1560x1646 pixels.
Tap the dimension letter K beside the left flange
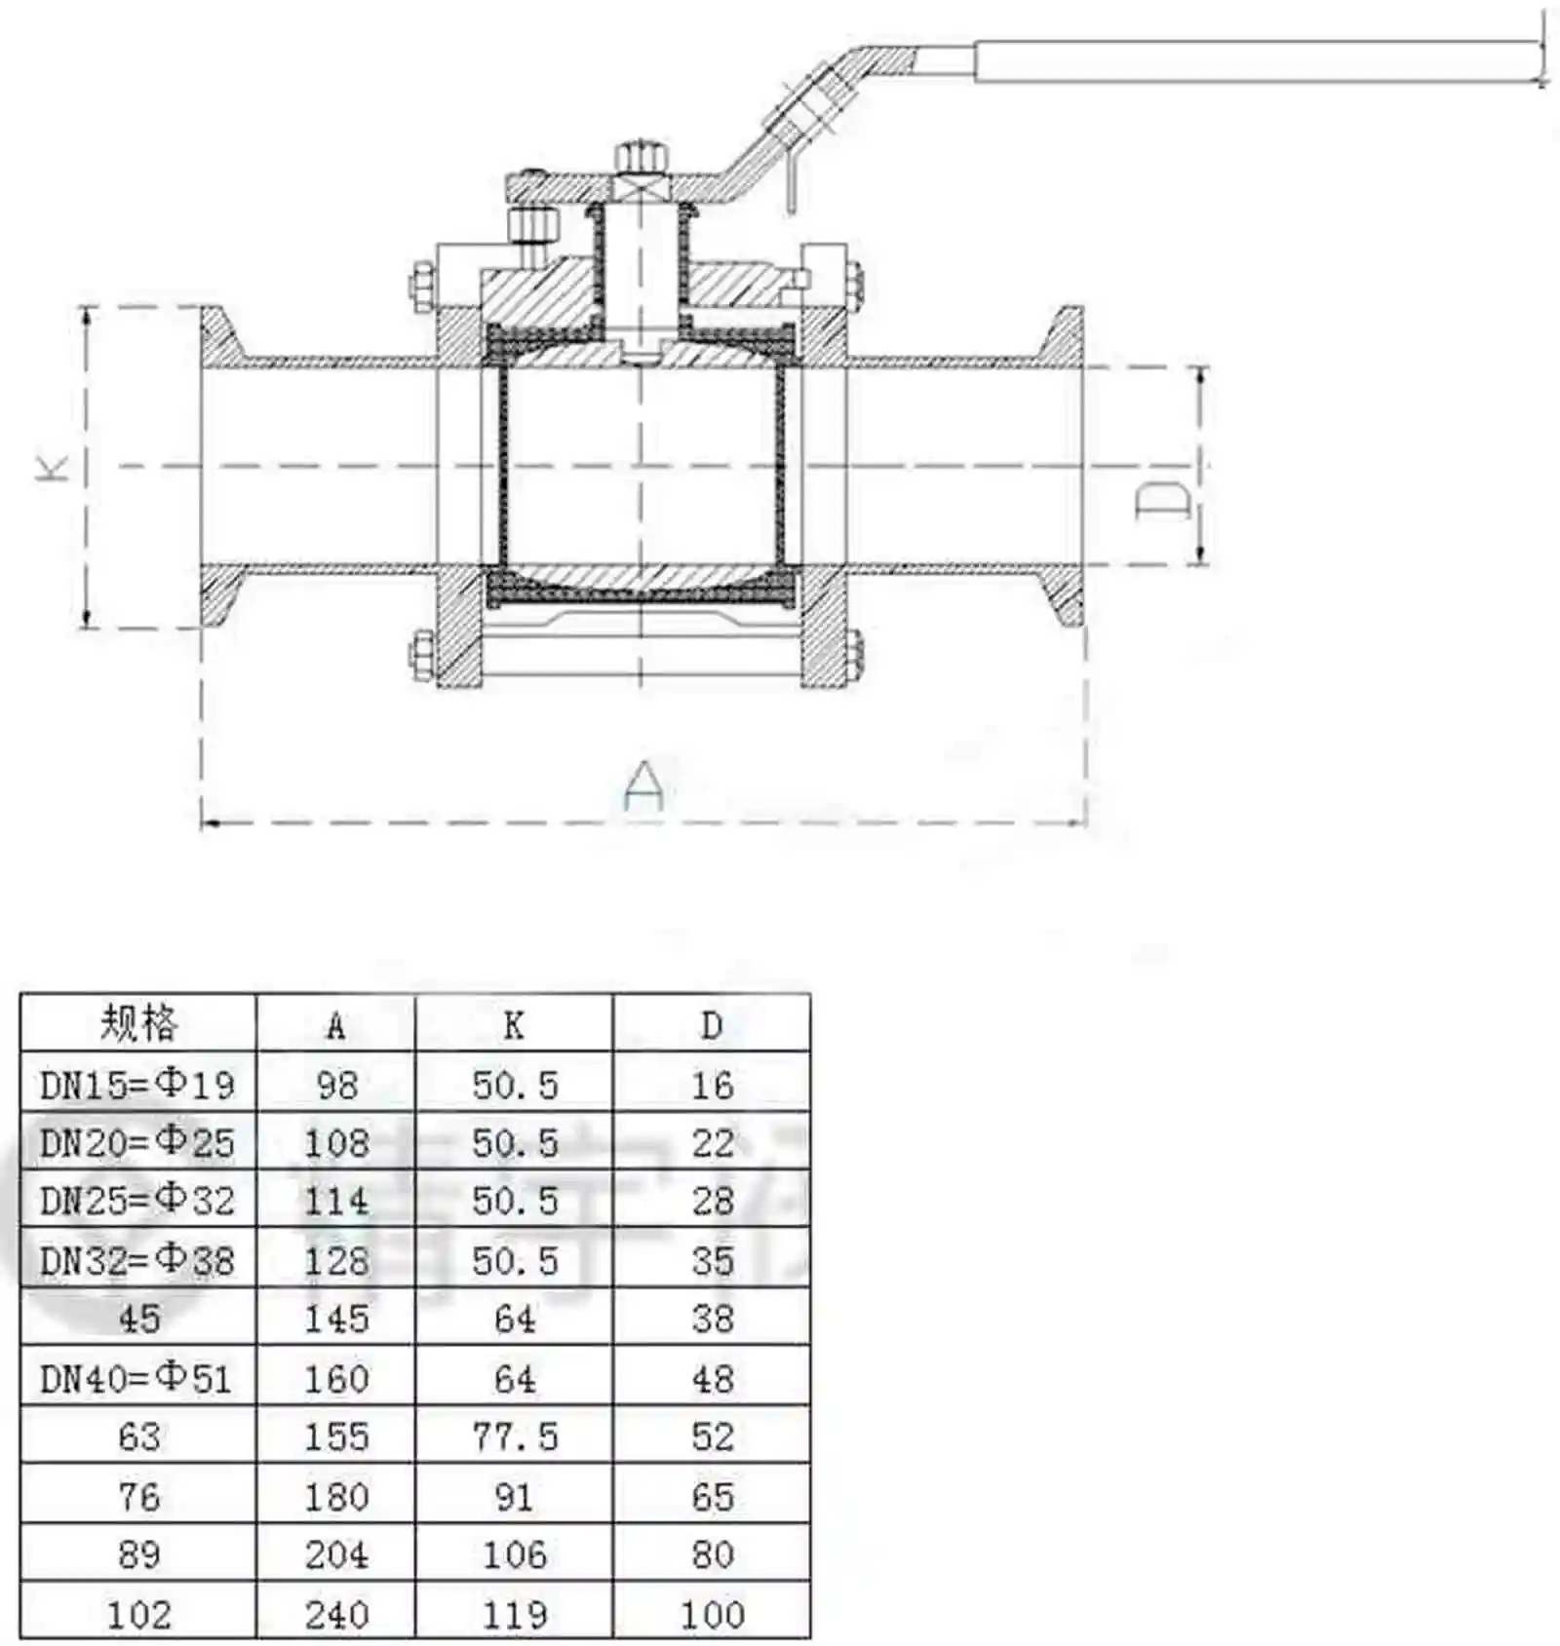point(54,466)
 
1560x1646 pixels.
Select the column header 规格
point(139,1022)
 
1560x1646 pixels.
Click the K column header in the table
point(514,1025)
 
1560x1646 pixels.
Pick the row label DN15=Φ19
point(137,1084)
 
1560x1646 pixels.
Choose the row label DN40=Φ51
point(136,1378)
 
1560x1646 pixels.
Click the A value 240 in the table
point(336,1614)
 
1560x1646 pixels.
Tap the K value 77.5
point(515,1436)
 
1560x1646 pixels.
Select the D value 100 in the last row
point(713,1614)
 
